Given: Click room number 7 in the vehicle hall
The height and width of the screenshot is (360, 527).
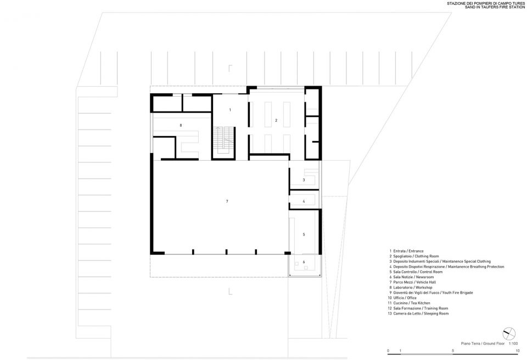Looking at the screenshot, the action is [x=227, y=201].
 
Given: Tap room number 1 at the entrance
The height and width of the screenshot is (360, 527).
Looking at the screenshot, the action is [x=230, y=110].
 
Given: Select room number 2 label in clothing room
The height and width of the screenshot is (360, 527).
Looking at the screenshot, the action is [x=276, y=120].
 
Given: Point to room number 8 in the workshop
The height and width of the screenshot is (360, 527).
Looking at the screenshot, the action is [x=181, y=125].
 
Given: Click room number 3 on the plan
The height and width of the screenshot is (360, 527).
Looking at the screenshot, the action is [x=304, y=180].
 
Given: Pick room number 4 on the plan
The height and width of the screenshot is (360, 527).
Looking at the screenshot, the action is [x=304, y=201].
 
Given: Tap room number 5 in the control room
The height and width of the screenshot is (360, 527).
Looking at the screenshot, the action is [x=304, y=234].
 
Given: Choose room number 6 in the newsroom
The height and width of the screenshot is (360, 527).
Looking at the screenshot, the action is [x=304, y=262].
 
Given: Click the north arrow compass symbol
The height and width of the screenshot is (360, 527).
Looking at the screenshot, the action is [x=509, y=334].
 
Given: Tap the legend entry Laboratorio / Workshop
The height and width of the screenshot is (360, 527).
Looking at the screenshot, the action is [x=413, y=288].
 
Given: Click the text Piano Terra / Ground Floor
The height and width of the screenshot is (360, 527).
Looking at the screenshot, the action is [x=483, y=344].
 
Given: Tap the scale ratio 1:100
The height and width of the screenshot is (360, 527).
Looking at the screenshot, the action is [x=513, y=344].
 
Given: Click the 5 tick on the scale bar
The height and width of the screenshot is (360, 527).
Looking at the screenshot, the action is [x=453, y=351].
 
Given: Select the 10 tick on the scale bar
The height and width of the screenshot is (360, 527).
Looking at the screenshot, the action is [x=518, y=351].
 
